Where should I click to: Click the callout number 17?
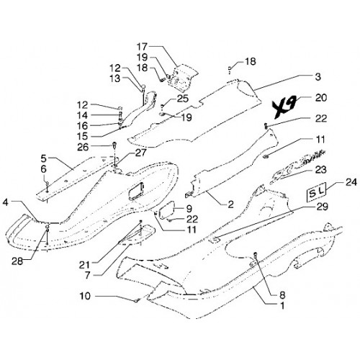142,46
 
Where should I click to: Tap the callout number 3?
318,77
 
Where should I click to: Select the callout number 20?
321,98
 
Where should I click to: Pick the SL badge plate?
316,192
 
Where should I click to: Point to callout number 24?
351,182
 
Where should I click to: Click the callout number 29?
323,207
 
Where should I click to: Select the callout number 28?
17,261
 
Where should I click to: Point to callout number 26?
83,147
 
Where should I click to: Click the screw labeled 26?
114,145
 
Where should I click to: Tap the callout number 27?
140,153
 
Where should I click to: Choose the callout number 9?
189,209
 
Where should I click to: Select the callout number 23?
321,170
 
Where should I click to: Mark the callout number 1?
282,306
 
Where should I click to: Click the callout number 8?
282,295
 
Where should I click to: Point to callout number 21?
84,265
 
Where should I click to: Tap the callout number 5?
43,158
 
